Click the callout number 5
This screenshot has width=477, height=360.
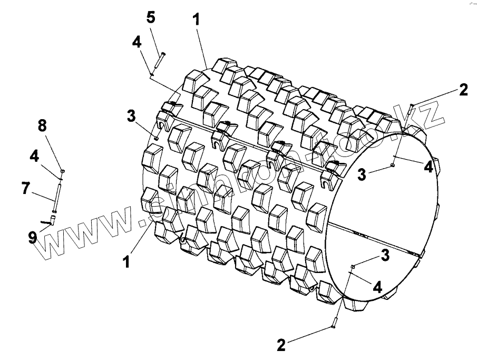[x=151, y=17]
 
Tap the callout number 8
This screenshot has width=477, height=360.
[x=42, y=125]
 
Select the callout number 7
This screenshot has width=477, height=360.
[x=26, y=188]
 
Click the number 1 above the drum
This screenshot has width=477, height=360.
[x=196, y=20]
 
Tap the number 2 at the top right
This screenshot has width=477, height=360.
[x=463, y=90]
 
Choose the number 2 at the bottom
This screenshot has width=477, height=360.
[x=281, y=345]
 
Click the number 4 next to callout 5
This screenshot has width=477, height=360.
[x=137, y=42]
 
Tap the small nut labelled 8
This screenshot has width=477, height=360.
[x=63, y=171]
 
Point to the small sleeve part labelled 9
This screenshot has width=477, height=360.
[x=53, y=218]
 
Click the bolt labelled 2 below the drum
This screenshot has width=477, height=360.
[x=334, y=321]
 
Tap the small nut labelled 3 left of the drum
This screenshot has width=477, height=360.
[x=157, y=138]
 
